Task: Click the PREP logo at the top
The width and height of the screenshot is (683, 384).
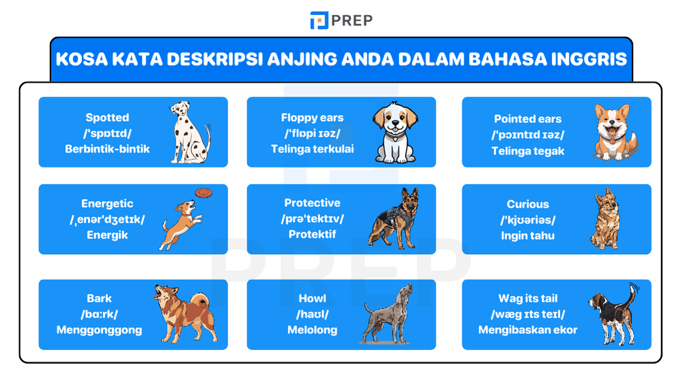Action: (341, 20)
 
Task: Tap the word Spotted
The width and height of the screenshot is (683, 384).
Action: (107, 118)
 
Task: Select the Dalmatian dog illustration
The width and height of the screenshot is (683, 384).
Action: (189, 133)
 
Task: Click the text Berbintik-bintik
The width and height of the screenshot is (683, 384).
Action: (107, 148)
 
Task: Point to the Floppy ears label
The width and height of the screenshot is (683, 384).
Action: (312, 118)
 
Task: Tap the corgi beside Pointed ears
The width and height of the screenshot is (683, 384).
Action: (613, 131)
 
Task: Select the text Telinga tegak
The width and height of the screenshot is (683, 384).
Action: (528, 151)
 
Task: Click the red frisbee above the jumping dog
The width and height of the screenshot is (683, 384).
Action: (203, 193)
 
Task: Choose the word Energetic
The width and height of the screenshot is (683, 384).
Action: (107, 204)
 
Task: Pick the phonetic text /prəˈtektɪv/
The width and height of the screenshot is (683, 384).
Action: (312, 219)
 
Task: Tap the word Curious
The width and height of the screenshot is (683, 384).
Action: (527, 204)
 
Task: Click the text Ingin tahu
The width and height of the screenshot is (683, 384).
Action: (527, 236)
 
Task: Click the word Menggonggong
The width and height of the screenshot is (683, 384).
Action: (100, 330)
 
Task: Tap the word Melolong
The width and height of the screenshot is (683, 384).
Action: (312, 330)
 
